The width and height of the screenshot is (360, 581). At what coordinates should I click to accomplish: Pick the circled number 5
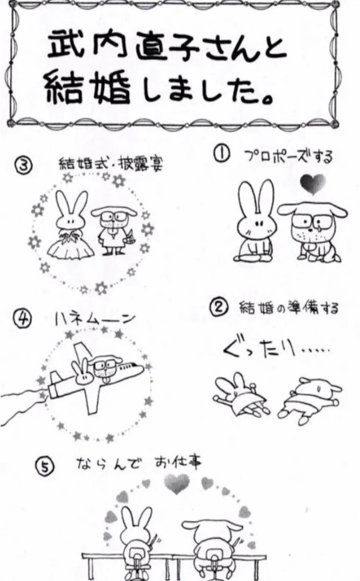pyautogui.click(x=45, y=469)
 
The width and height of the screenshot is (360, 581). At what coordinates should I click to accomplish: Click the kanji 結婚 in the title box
pyautogui.click(x=89, y=89)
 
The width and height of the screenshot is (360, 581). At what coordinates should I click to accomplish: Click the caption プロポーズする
pyautogui.click(x=288, y=157)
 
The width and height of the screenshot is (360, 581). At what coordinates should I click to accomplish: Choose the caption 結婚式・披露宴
pyautogui.click(x=111, y=164)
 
